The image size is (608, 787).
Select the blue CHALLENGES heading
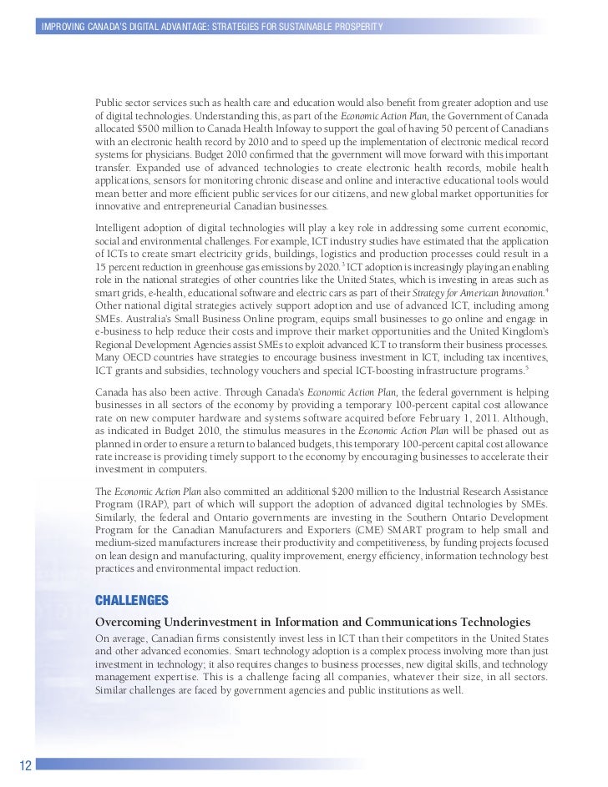tap(132, 601)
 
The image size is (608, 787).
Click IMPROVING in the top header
tap(66, 29)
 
